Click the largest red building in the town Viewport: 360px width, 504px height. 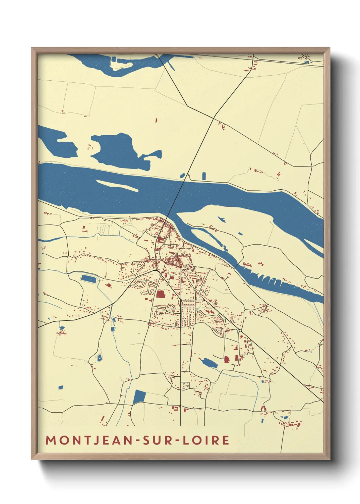[x=160, y=294]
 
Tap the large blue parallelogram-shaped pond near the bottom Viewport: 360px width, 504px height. [x=140, y=397]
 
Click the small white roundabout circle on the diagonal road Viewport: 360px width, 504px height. [x=240, y=331]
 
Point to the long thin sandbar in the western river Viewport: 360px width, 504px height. [x=117, y=185]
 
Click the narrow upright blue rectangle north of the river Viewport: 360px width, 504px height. [x=204, y=176]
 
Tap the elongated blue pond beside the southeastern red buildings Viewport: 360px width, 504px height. [x=209, y=363]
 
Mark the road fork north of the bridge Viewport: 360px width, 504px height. [x=213, y=118]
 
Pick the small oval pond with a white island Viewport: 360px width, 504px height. [x=100, y=358]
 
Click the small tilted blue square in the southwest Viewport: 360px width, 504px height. [x=61, y=387]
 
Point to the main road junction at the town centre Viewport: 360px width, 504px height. [x=156, y=270]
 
